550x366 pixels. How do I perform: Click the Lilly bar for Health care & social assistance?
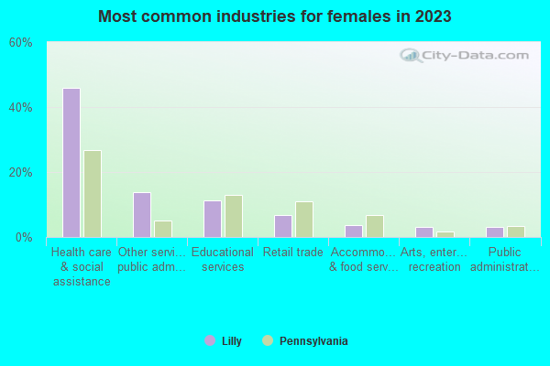coord(71,163)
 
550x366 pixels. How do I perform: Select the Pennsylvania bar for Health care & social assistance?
coord(93,194)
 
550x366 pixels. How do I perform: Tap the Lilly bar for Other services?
coord(141,215)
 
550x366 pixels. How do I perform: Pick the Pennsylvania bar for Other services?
coord(163,229)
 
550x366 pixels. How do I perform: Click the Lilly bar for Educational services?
coord(212,219)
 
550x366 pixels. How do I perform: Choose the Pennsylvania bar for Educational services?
coord(234,216)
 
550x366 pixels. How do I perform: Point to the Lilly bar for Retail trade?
coord(282,226)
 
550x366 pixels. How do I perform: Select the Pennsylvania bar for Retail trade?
coord(304,220)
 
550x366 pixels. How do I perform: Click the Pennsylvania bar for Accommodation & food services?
coord(375,226)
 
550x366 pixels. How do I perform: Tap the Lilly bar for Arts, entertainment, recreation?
coord(423,232)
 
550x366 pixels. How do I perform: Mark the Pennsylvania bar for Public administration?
coord(516,231)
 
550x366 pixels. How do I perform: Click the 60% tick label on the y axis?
coord(20,43)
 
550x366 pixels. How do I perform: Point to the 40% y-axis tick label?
coord(20,108)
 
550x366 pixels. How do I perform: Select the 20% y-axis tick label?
coord(20,173)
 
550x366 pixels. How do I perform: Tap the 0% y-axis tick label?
coord(24,238)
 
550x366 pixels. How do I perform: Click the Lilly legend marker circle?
coord(210,341)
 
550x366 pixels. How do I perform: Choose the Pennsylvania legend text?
coord(313,341)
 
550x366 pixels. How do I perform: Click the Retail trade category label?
coord(292,253)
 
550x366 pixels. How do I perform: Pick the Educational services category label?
coord(223,260)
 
